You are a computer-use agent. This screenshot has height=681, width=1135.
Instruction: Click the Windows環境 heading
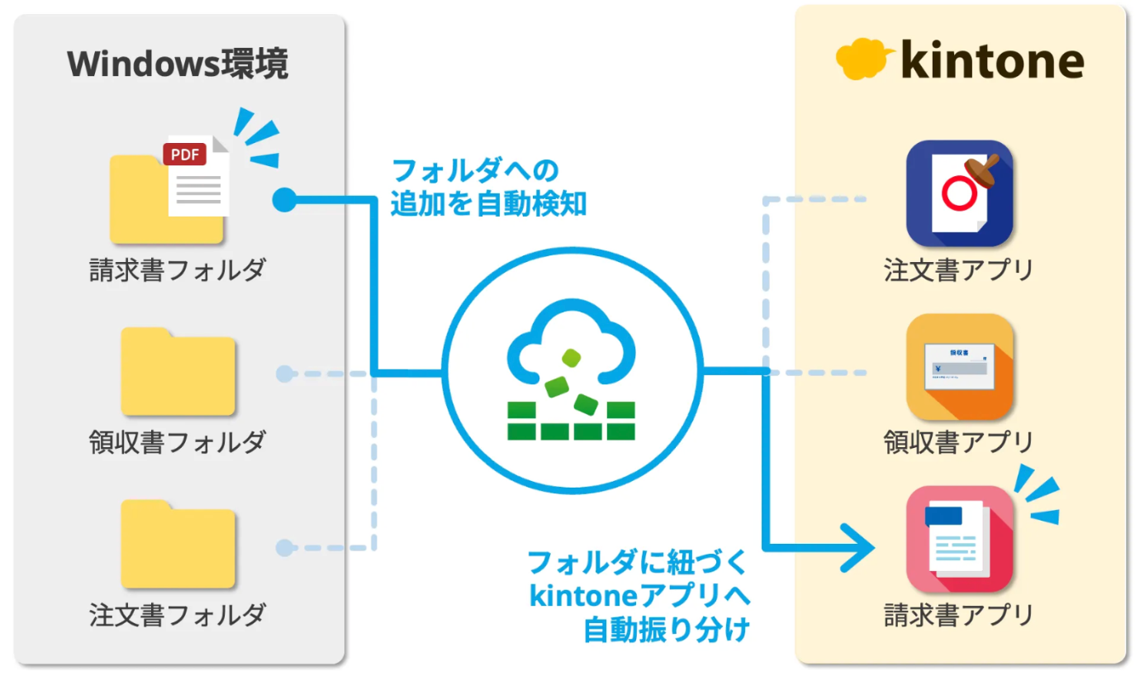178,64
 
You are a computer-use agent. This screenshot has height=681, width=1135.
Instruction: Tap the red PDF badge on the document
184,155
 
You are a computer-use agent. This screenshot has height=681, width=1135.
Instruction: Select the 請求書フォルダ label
178,270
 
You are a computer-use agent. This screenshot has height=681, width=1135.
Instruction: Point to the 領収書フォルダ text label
178,442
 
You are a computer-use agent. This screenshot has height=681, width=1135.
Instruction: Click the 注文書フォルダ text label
178,614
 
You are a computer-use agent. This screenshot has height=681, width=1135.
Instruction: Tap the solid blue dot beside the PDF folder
283,198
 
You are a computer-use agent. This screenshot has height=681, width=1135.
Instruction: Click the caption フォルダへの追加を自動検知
487,188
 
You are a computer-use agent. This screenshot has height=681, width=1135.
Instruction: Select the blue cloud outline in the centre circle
570,339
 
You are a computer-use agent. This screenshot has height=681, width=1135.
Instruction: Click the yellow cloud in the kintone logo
863,59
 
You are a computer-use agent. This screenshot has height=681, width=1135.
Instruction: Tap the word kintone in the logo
991,60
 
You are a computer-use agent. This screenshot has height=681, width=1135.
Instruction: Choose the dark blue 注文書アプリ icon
959,194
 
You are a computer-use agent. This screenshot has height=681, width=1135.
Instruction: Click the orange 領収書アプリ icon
959,367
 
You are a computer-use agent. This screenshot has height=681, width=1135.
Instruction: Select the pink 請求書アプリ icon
959,539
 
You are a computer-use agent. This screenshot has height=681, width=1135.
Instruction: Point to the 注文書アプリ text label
958,270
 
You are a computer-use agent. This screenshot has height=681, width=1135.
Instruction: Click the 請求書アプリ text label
958,615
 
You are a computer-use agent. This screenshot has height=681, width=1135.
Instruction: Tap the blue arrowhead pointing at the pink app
859,548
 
